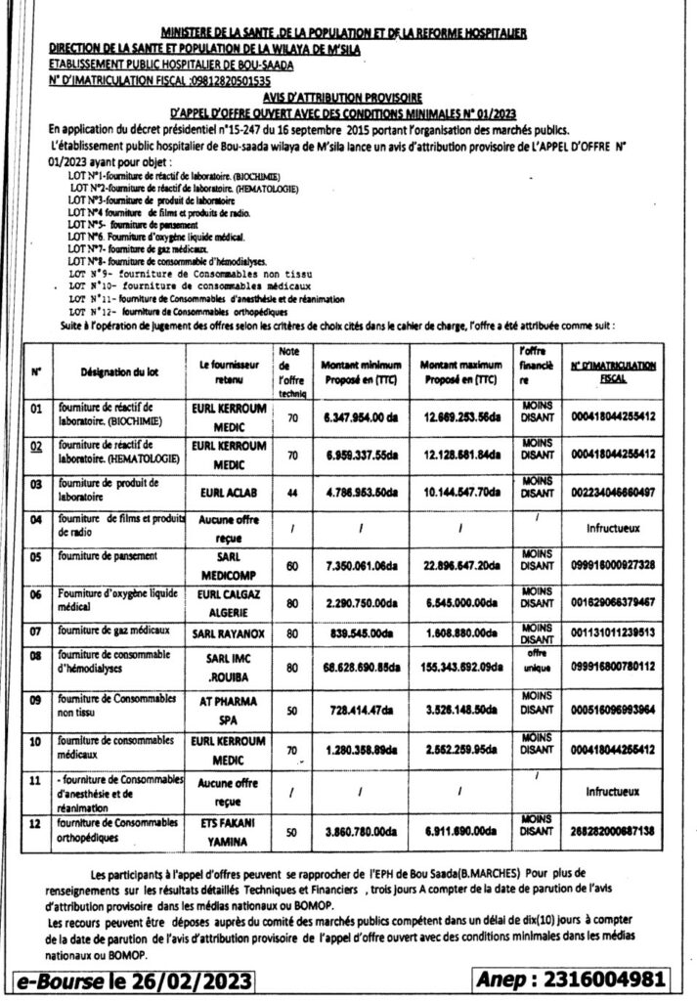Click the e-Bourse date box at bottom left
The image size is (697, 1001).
131,979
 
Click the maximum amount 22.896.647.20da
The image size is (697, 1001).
461,565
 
